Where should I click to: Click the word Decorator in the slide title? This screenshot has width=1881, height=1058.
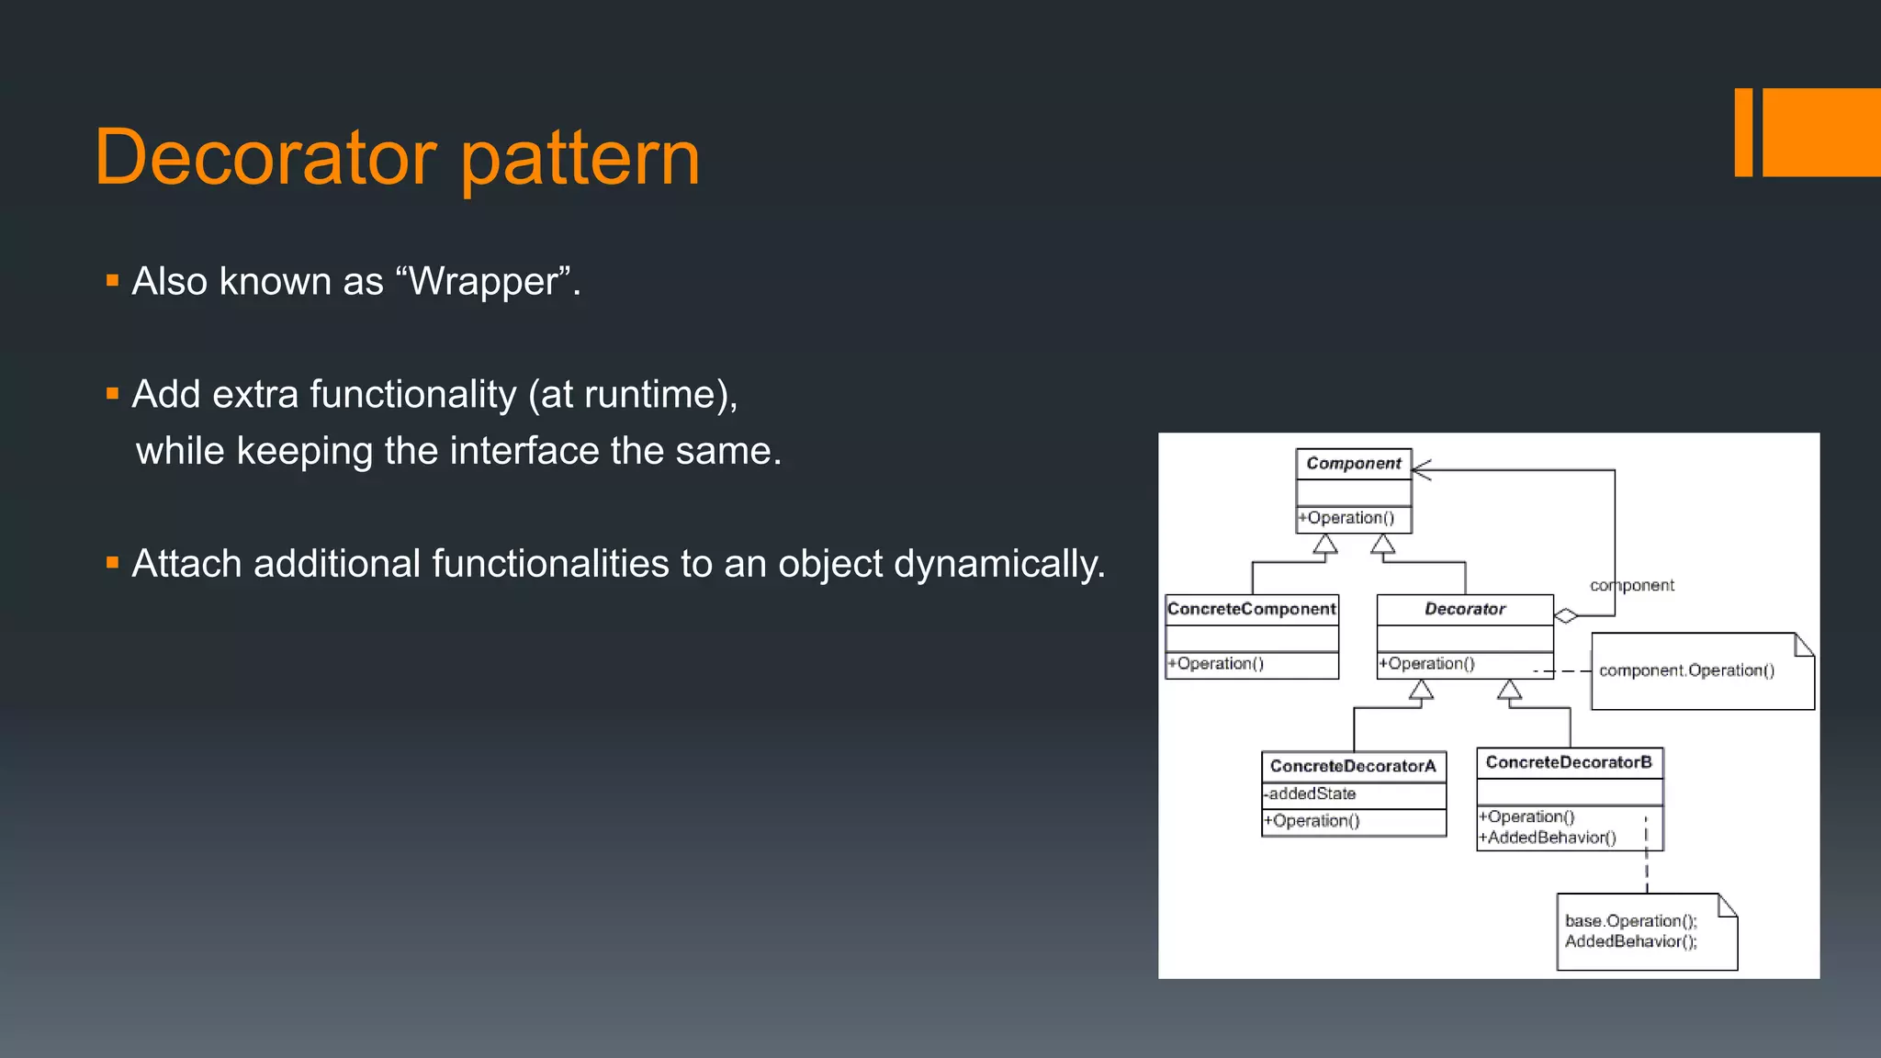coord(265,158)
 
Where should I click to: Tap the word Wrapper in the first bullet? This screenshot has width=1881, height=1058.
coord(484,282)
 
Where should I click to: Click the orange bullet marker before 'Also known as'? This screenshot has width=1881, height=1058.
coord(112,281)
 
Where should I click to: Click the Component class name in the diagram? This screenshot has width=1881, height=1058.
coord(1353,464)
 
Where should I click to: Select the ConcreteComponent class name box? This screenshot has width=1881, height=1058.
coord(1251,609)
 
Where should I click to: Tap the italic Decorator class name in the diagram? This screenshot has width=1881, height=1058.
coord(1465,609)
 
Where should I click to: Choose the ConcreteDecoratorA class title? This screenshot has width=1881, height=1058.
coord(1353,766)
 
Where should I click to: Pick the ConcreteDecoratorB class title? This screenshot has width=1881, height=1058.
coord(1569,762)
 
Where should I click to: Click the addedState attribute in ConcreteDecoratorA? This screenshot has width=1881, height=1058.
coord(1312,793)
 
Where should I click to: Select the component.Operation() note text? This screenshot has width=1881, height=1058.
coord(1686,670)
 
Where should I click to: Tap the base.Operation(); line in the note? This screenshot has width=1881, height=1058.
coord(1631,920)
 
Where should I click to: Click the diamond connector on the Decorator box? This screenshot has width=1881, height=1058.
coord(1566,615)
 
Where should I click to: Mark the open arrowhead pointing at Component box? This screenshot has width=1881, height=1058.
coord(1421,470)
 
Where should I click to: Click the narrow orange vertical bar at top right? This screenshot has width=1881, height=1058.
coord(1743,132)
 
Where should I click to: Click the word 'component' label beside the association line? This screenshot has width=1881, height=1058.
coord(1632,586)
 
